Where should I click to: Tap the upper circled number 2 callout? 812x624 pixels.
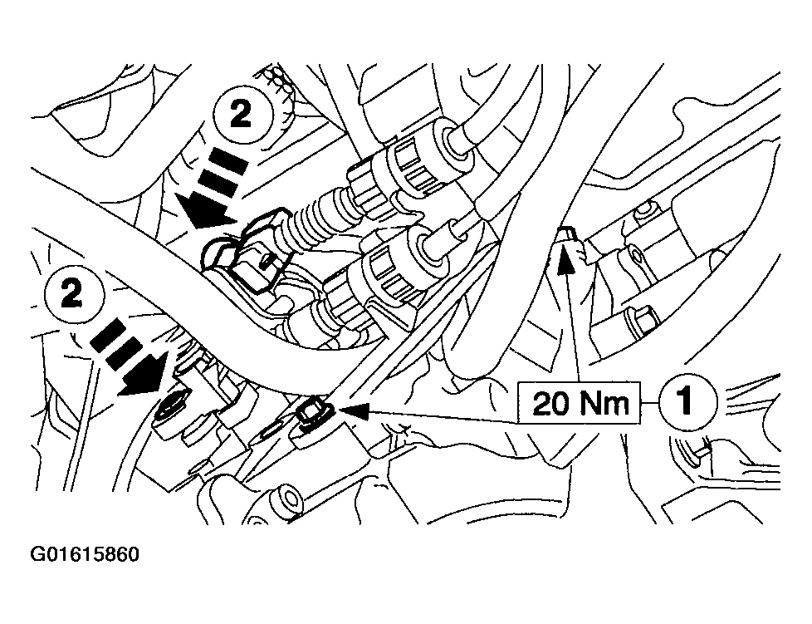click(240, 116)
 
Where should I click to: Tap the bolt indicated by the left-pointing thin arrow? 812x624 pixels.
click(314, 410)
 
